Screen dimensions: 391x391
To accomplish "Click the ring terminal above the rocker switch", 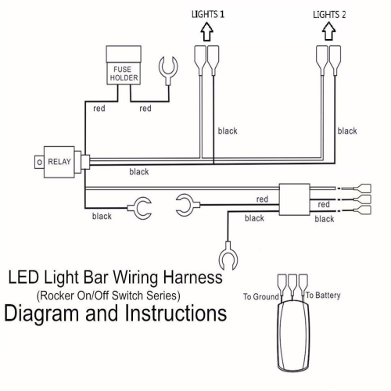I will tap(228, 256).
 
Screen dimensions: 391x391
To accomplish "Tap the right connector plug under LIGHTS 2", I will tap(335, 58).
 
